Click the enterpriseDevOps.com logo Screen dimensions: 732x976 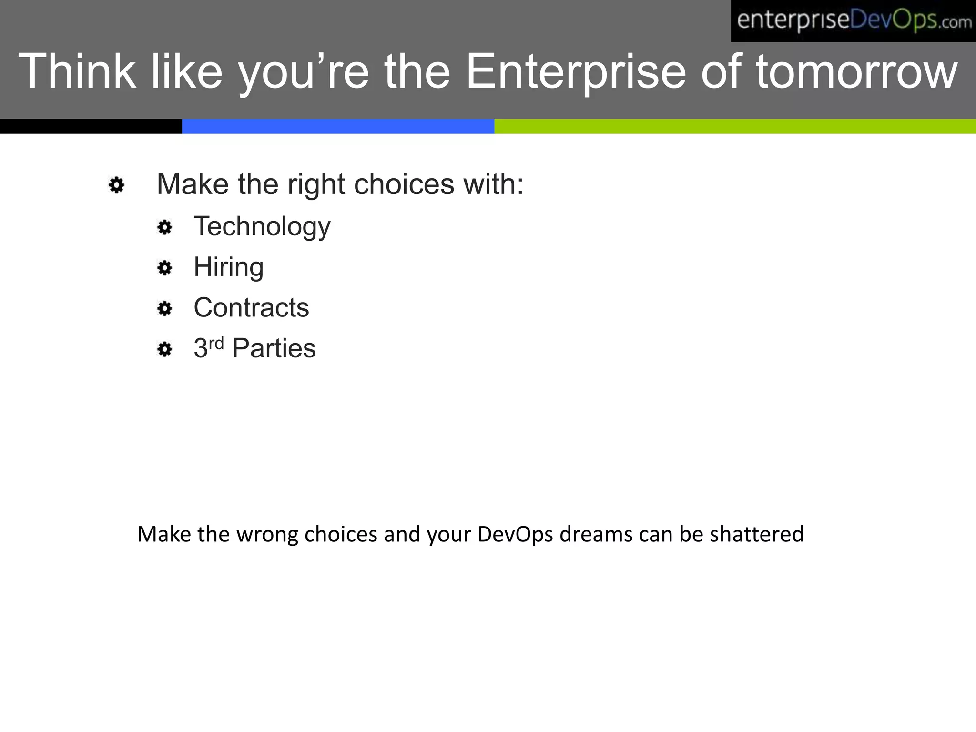853,21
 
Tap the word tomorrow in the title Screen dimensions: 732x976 856,71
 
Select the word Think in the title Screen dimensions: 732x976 77,71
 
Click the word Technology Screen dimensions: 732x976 262,227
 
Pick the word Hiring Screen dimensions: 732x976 228,267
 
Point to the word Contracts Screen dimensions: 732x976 251,308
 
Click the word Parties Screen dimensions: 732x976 274,348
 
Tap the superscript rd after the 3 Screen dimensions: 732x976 216,343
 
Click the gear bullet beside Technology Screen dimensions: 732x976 164,227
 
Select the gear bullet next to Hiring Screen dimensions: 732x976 164,268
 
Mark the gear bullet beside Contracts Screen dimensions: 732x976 164,309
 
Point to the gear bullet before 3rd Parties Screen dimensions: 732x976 164,349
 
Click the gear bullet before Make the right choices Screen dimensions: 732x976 116,185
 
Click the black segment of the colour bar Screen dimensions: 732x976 91,126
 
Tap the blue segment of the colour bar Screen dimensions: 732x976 338,126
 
